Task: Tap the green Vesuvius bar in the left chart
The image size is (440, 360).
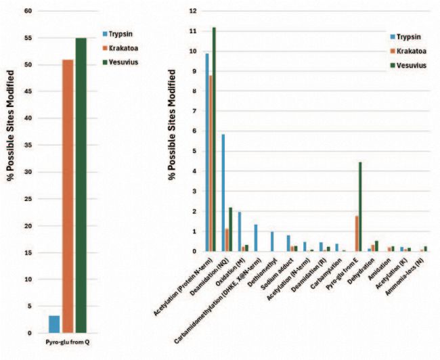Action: [x=81, y=185]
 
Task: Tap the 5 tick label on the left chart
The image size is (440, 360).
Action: [x=28, y=307]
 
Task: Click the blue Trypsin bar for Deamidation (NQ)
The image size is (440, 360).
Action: [x=223, y=193]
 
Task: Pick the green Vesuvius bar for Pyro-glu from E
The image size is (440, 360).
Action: [x=341, y=207]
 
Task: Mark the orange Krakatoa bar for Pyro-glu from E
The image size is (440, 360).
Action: [x=337, y=233]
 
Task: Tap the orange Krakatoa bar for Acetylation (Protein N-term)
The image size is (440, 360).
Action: [x=210, y=163]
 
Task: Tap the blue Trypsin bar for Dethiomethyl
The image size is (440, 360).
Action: [x=272, y=242]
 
